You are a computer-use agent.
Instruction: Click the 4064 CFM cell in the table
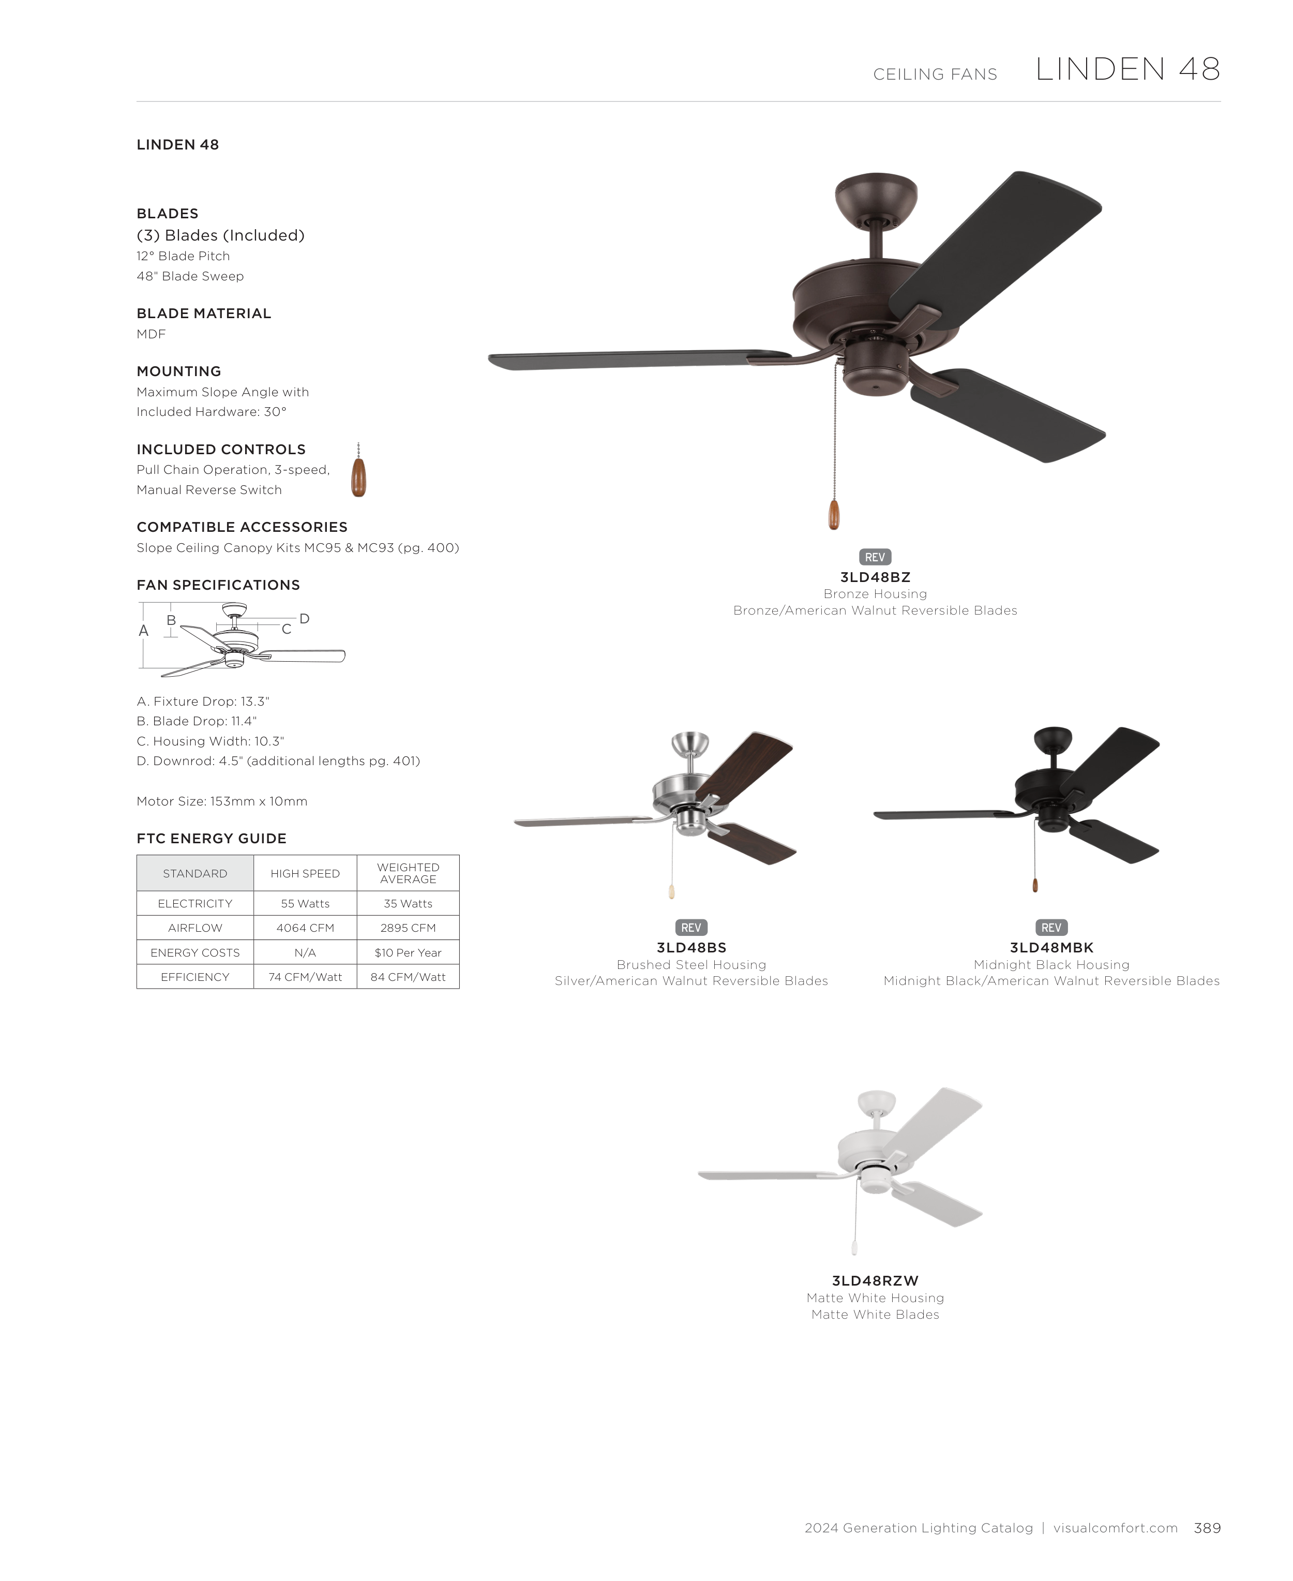point(305,928)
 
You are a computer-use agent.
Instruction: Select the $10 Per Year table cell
point(408,952)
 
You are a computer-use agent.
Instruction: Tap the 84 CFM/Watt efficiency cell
point(408,977)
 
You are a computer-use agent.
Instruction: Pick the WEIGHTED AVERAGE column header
point(408,873)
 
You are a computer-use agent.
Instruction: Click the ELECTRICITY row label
point(194,903)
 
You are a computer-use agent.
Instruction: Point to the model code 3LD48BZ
point(875,577)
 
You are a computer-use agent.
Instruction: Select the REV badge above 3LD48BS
point(690,928)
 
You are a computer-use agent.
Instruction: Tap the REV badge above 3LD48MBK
point(1051,928)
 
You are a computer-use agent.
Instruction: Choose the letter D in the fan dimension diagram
point(304,618)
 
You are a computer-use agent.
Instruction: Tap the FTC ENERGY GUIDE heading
point(212,838)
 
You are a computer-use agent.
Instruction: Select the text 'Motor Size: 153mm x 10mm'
point(222,801)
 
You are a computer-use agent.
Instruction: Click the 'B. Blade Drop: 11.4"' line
point(197,721)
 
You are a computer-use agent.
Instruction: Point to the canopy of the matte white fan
point(877,1102)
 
